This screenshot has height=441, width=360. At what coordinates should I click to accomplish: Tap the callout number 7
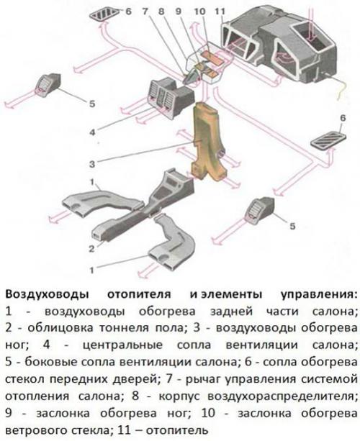[145, 12]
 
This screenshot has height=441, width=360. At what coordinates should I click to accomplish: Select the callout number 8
[161, 12]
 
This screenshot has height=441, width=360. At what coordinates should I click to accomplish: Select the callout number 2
[91, 248]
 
